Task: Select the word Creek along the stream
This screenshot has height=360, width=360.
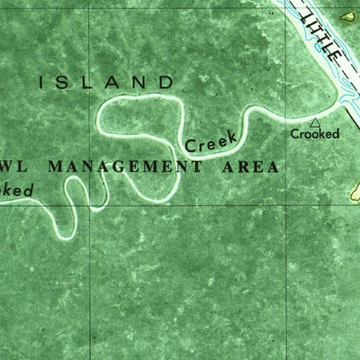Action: click(x=211, y=139)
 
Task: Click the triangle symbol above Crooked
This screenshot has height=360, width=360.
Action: click(x=314, y=121)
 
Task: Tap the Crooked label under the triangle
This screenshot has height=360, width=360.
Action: click(x=315, y=134)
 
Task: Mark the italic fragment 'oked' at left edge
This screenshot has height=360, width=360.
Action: click(x=16, y=191)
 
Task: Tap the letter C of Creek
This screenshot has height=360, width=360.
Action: click(x=191, y=144)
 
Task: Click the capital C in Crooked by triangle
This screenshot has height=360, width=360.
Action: click(x=294, y=134)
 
